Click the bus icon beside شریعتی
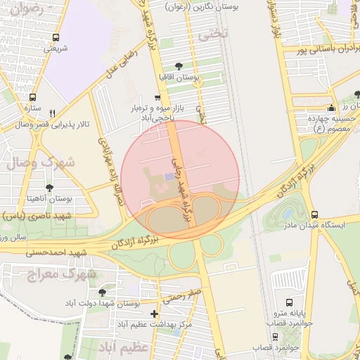coord(56,38)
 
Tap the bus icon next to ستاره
coord(32,98)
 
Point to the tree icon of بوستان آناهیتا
coord(49,188)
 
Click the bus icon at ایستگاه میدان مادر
coord(314,214)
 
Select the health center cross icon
coord(155,314)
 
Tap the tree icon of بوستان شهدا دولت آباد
coord(102,292)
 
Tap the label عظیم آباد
coord(124,348)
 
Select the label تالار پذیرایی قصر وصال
coord(44,124)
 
